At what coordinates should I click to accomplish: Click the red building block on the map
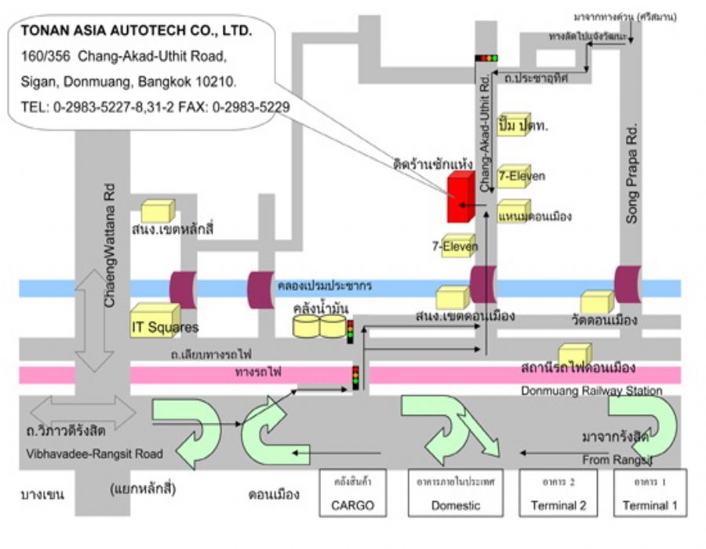pos(459,198)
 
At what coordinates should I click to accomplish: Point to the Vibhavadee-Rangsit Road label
pos(93,453)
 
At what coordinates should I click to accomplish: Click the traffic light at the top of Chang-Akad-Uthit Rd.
pos(486,58)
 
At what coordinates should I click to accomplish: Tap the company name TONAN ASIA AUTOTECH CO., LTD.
pos(136,32)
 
